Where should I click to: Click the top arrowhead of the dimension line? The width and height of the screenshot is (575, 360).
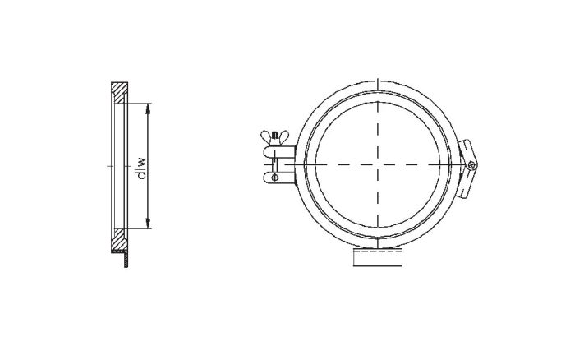148,106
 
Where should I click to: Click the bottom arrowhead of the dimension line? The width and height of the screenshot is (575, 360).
148,226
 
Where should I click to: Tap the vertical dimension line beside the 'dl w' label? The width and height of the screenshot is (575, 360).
148,197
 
